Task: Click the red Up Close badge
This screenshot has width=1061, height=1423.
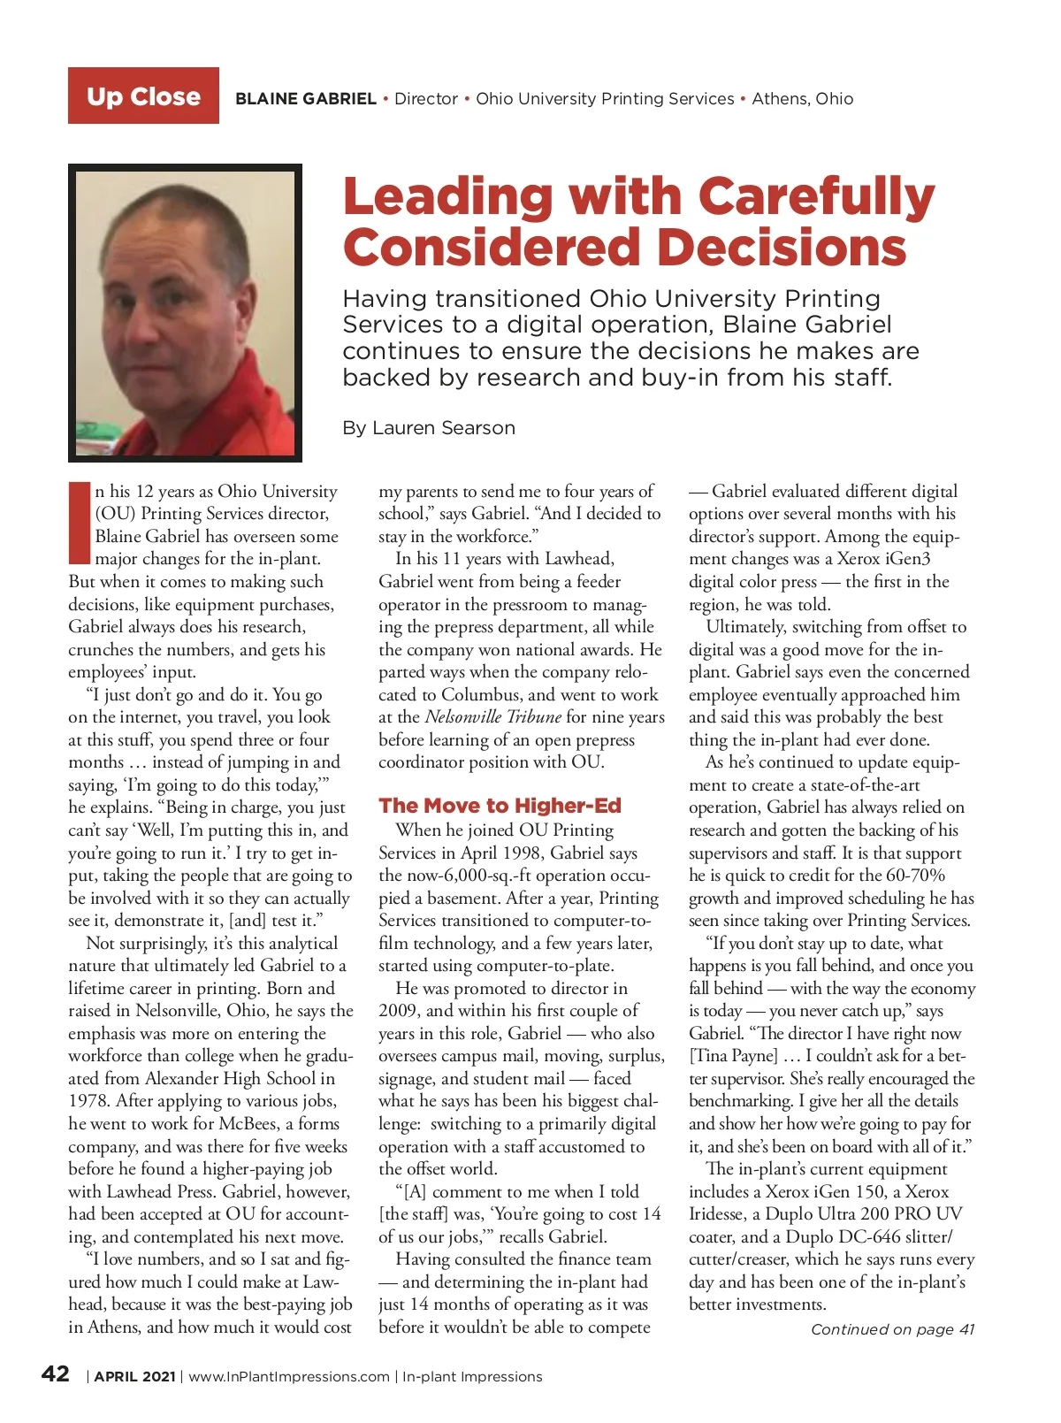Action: pyautogui.click(x=143, y=96)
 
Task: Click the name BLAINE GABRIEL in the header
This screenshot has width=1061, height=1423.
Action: pyautogui.click(x=306, y=99)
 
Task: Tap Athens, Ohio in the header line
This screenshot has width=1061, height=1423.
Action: pyautogui.click(x=802, y=99)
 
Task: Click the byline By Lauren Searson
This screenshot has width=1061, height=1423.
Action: pyautogui.click(x=429, y=428)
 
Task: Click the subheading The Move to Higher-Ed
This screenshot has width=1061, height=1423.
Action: pyautogui.click(x=500, y=806)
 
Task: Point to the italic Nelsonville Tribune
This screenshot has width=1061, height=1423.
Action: pyautogui.click(x=492, y=716)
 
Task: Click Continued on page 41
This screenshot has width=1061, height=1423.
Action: pyautogui.click(x=892, y=1329)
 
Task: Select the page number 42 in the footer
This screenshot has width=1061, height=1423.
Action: pyautogui.click(x=56, y=1374)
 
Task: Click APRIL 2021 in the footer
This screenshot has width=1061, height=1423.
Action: pyautogui.click(x=134, y=1377)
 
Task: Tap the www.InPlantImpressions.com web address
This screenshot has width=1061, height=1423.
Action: pyautogui.click(x=289, y=1377)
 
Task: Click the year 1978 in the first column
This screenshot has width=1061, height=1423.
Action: pyautogui.click(x=88, y=1101)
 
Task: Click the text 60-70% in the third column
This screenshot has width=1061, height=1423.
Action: pyautogui.click(x=914, y=876)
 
